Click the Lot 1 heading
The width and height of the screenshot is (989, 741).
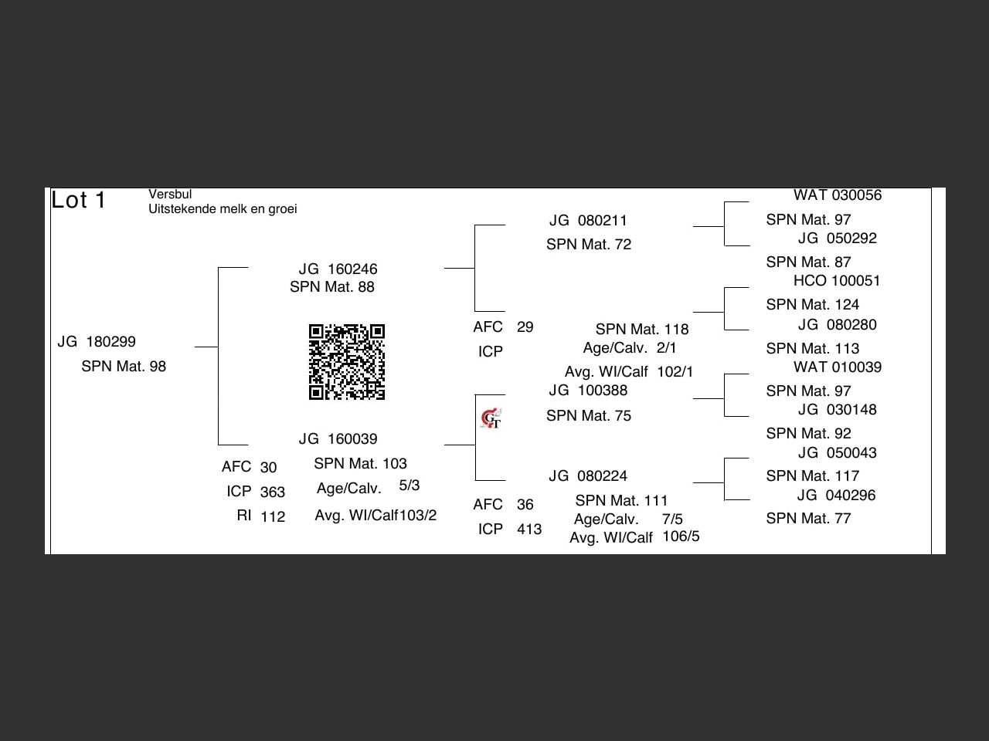point(79,201)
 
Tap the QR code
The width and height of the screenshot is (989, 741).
point(347,362)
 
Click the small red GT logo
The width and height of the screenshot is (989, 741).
point(491,419)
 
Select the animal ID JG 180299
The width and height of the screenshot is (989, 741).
point(97,342)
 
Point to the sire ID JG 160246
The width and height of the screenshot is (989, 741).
point(338,269)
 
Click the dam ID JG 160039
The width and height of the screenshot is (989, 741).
point(338,439)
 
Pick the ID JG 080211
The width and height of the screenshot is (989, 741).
point(588,221)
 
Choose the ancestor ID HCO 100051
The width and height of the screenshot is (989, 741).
point(837,281)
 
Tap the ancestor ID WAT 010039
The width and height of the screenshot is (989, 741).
point(837,367)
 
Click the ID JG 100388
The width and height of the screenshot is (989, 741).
point(588,391)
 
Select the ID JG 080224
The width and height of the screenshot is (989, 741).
point(588,476)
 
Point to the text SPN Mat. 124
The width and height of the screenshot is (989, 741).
point(812,305)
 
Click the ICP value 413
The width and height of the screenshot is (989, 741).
point(529,530)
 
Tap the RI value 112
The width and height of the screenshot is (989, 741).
point(273,517)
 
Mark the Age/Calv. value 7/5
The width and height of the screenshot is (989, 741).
point(672,519)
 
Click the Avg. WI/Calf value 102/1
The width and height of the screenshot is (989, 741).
point(675,372)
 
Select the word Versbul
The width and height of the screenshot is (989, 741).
point(170,195)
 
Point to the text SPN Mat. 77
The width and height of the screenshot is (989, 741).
point(808,519)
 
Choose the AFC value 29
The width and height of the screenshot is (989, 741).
point(525,327)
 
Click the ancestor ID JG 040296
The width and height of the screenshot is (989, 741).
point(837,496)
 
